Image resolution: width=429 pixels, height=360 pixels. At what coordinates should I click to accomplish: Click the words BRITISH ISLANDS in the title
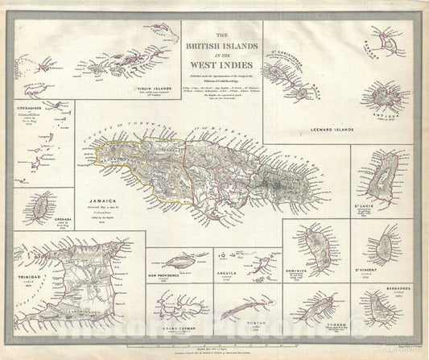coord(224,48)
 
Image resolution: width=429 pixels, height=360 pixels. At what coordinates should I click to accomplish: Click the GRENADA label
coord(56,219)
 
